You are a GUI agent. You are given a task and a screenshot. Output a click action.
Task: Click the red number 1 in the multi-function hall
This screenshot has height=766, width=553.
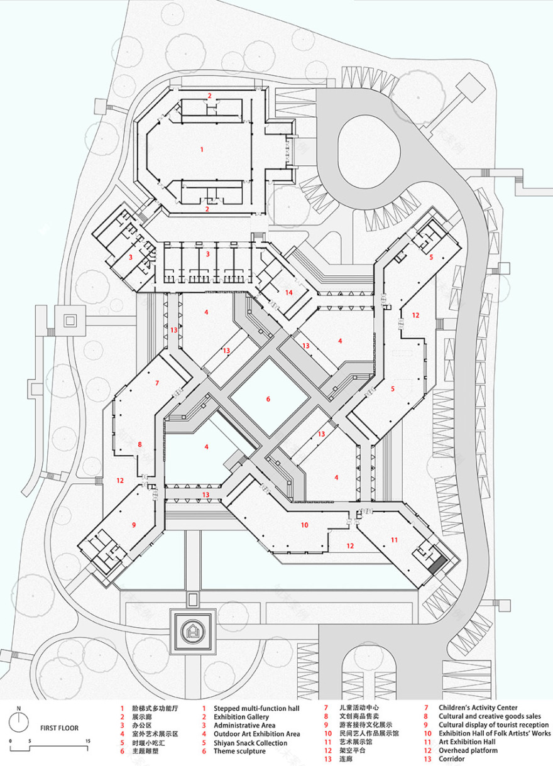pos(202,150)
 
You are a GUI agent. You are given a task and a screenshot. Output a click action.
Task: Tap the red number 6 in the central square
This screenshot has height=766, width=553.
pos(268,399)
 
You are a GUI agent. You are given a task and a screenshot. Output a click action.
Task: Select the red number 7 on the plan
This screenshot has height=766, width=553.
pos(158,382)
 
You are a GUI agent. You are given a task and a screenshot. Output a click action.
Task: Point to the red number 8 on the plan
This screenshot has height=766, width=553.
pos(140,444)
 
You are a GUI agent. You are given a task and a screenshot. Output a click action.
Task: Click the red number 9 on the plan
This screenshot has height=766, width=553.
pos(134,524)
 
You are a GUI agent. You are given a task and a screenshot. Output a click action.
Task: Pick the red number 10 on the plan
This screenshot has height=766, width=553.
pos(305,524)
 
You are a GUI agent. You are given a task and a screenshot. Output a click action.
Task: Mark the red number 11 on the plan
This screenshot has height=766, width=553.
pos(395,539)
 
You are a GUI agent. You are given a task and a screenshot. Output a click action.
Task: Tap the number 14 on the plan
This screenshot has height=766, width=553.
pos(288,293)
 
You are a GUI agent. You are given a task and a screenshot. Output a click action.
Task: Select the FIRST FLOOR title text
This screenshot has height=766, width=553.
pos(60,728)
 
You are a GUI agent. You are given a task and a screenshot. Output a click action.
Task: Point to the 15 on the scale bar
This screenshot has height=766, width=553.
pos(88,741)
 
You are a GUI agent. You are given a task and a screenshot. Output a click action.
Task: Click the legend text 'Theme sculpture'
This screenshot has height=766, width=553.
pos(240,751)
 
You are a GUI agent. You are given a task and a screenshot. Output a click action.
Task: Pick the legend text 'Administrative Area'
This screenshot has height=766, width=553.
pos(244,725)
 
